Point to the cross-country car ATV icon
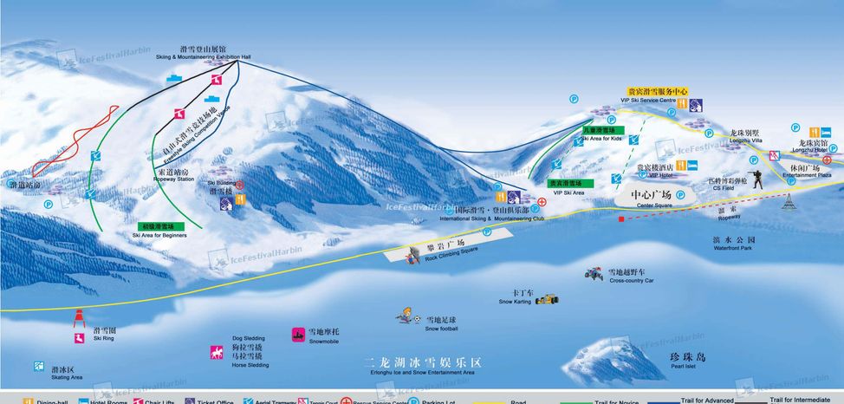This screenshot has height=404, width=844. pos(595,274)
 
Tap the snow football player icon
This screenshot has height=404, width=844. pos(404,316)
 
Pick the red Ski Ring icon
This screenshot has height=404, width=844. pos(78,317)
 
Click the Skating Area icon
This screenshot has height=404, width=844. pos(39,368)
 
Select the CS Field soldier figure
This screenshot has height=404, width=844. pos(756,179)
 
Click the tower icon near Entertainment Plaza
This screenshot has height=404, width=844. pos(789,202)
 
